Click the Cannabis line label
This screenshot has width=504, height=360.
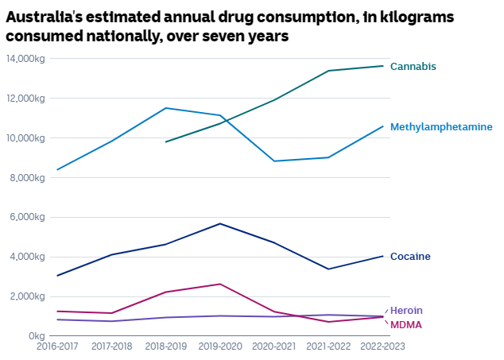(x=413, y=67)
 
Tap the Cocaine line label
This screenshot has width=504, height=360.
(x=410, y=257)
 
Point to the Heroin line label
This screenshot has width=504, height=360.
(x=406, y=310)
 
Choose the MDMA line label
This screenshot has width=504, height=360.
(x=405, y=325)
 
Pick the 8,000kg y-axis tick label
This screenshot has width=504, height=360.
(x=28, y=177)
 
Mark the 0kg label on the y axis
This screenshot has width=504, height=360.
(x=37, y=335)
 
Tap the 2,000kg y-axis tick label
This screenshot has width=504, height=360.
(x=28, y=296)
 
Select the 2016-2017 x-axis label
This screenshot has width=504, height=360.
(x=57, y=346)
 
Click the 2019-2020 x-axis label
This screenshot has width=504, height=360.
(x=219, y=346)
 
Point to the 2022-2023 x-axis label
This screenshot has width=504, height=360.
(x=383, y=346)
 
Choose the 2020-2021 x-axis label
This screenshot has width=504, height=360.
(x=274, y=346)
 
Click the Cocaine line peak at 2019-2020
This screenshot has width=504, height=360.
(x=220, y=223)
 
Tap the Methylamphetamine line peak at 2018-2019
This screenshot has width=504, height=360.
(x=165, y=108)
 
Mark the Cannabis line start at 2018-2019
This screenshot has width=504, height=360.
(x=165, y=142)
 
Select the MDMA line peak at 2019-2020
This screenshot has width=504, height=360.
(x=220, y=284)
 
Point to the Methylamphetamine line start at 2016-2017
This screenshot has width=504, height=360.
(x=57, y=169)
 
